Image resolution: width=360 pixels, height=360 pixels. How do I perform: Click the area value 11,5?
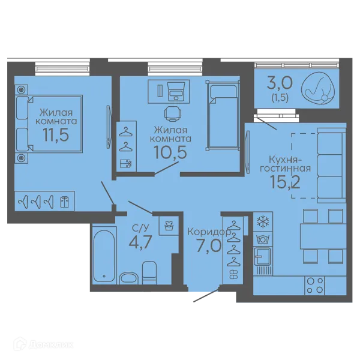[56, 135]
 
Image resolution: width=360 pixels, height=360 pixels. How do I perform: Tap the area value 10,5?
[170, 152]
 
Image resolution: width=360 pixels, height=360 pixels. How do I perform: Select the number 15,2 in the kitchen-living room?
[285, 182]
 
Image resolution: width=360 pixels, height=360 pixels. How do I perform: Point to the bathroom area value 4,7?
[140, 242]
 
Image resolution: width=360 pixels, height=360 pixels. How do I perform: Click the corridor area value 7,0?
[209, 245]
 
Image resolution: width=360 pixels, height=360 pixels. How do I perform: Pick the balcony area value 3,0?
[280, 83]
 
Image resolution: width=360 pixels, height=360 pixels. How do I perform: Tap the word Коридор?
[209, 232]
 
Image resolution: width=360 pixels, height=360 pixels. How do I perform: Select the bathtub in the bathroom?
[104, 256]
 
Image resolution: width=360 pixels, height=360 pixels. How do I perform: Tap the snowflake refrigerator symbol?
[263, 221]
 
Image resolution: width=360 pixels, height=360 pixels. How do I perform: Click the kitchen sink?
[262, 256]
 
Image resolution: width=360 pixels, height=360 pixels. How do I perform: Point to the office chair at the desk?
[173, 113]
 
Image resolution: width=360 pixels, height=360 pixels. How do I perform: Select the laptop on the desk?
[176, 92]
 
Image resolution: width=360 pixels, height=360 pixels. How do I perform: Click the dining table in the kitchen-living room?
[323, 236]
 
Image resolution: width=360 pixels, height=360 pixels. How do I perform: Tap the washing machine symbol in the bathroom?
[169, 226]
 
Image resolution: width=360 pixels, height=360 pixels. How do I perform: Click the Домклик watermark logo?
[43, 344]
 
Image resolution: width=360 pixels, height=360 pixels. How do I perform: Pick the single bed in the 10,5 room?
[223, 115]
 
